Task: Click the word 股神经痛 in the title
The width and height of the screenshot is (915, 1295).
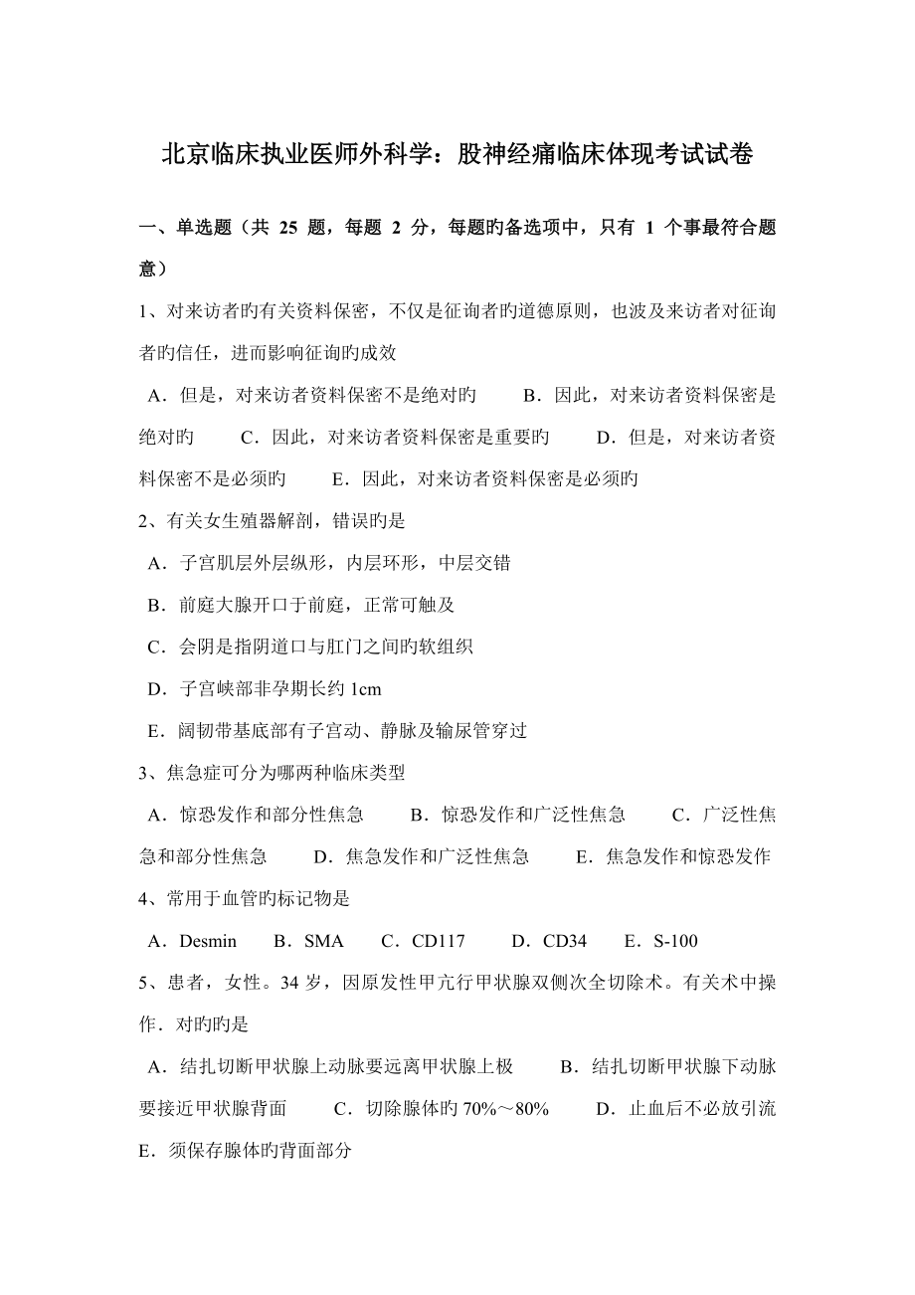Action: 518,155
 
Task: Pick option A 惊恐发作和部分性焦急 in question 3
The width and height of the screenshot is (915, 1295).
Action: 256,815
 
